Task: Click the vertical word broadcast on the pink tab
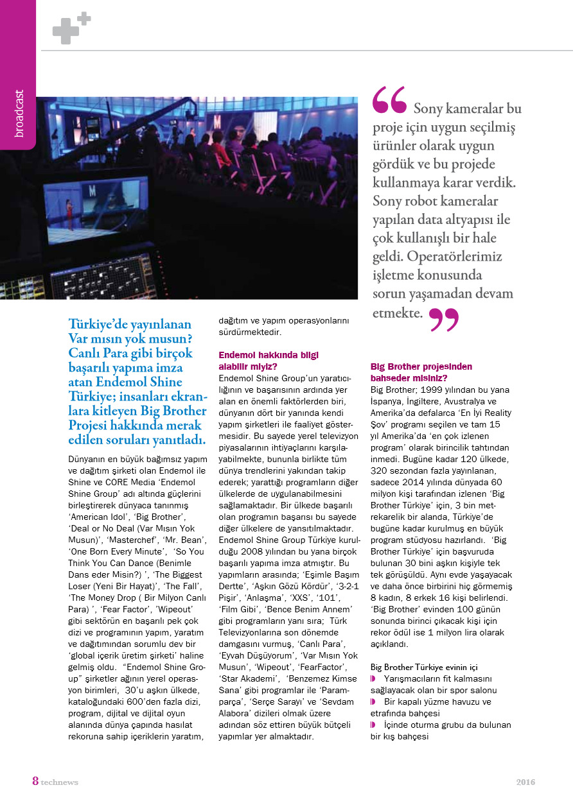19,114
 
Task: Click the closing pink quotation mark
443,319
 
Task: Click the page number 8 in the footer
35,781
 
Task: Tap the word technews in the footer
59,782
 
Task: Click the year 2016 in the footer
525,782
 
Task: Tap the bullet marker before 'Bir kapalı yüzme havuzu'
373,702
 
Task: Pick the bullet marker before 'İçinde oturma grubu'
373,725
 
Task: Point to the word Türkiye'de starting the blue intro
107,324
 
